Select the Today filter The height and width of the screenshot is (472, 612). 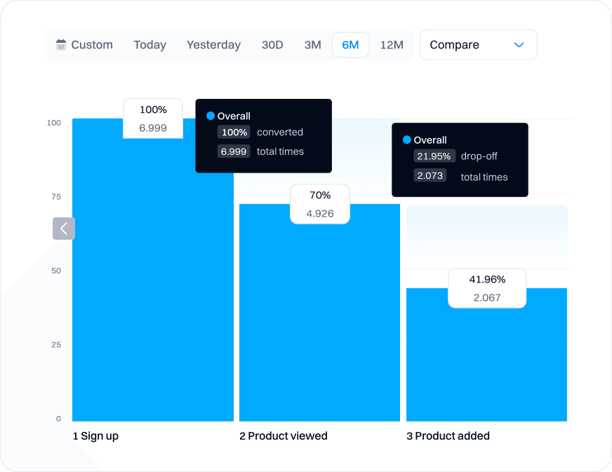(x=149, y=45)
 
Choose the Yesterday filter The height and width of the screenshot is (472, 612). (x=213, y=45)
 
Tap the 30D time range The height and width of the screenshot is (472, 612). (x=272, y=45)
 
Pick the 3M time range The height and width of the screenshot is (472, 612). (x=312, y=45)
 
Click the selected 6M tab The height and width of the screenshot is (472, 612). (x=350, y=45)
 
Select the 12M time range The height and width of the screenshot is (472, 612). (x=392, y=45)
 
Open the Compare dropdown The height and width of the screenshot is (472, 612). (x=478, y=45)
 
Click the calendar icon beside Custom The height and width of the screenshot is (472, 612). (x=61, y=45)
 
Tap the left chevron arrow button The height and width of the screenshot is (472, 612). (x=64, y=229)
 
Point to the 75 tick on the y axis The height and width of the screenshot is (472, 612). (x=56, y=197)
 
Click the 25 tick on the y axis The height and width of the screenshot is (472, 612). (x=56, y=345)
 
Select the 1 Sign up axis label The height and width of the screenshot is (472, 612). (x=95, y=436)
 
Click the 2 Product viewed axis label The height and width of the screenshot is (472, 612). (x=283, y=436)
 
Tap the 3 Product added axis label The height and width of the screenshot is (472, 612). (x=448, y=436)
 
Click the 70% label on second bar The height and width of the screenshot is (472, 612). (x=320, y=196)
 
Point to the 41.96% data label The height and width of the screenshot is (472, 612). (x=487, y=279)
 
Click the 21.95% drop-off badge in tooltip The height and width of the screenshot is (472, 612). (x=434, y=156)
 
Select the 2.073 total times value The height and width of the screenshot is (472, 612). (x=430, y=176)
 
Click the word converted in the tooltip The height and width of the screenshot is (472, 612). (x=280, y=132)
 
